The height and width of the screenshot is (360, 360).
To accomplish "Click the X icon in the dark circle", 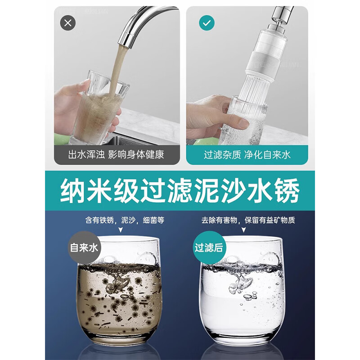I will pyautogui.click(x=67, y=23).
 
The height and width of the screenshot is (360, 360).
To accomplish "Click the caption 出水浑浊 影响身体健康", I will pyautogui.click(x=116, y=155).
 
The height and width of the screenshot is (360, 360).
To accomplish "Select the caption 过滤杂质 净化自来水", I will pyautogui.click(x=247, y=155).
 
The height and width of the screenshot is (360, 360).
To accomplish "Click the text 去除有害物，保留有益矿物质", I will pyautogui.click(x=246, y=221).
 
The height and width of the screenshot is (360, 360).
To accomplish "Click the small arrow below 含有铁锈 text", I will pyautogui.click(x=120, y=230).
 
